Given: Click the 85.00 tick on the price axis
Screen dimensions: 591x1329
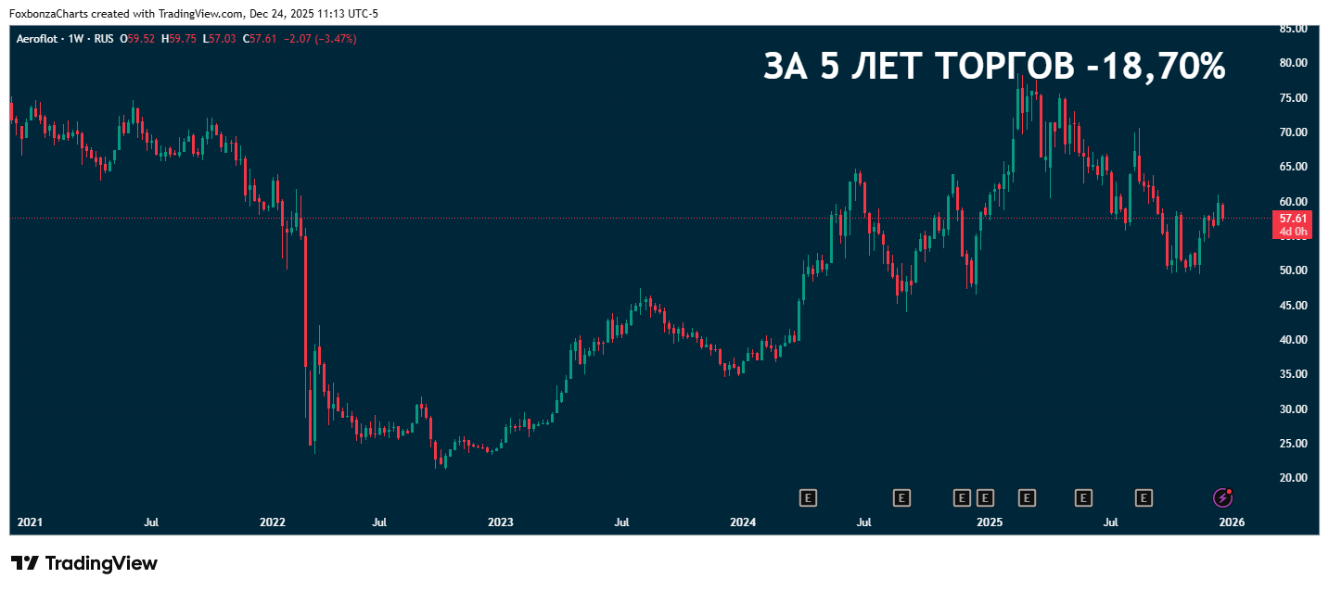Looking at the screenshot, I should tap(1292, 29).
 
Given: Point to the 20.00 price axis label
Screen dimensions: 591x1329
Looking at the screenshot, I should tap(1292, 478).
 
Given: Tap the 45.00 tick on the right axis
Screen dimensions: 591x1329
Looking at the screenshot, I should tap(1292, 306).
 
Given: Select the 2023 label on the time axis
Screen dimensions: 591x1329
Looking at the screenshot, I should tap(501, 522).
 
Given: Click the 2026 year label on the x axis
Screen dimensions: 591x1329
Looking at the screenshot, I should tap(1232, 522).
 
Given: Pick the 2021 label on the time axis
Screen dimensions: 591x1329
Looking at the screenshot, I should tap(31, 522).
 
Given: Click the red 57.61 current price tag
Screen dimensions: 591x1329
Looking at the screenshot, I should tap(1292, 219).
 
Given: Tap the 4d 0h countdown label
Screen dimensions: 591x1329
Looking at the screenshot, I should tap(1292, 232).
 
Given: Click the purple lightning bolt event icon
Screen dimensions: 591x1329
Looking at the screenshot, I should tap(1223, 498).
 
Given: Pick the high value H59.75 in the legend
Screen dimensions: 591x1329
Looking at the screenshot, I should tap(178, 39).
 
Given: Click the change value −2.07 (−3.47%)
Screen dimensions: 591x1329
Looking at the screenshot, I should tap(318, 39).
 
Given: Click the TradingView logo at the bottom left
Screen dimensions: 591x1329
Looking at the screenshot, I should tap(84, 563).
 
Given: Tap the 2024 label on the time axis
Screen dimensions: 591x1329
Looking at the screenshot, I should tap(743, 522).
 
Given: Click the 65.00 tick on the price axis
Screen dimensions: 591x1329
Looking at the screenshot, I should tap(1292, 167).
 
